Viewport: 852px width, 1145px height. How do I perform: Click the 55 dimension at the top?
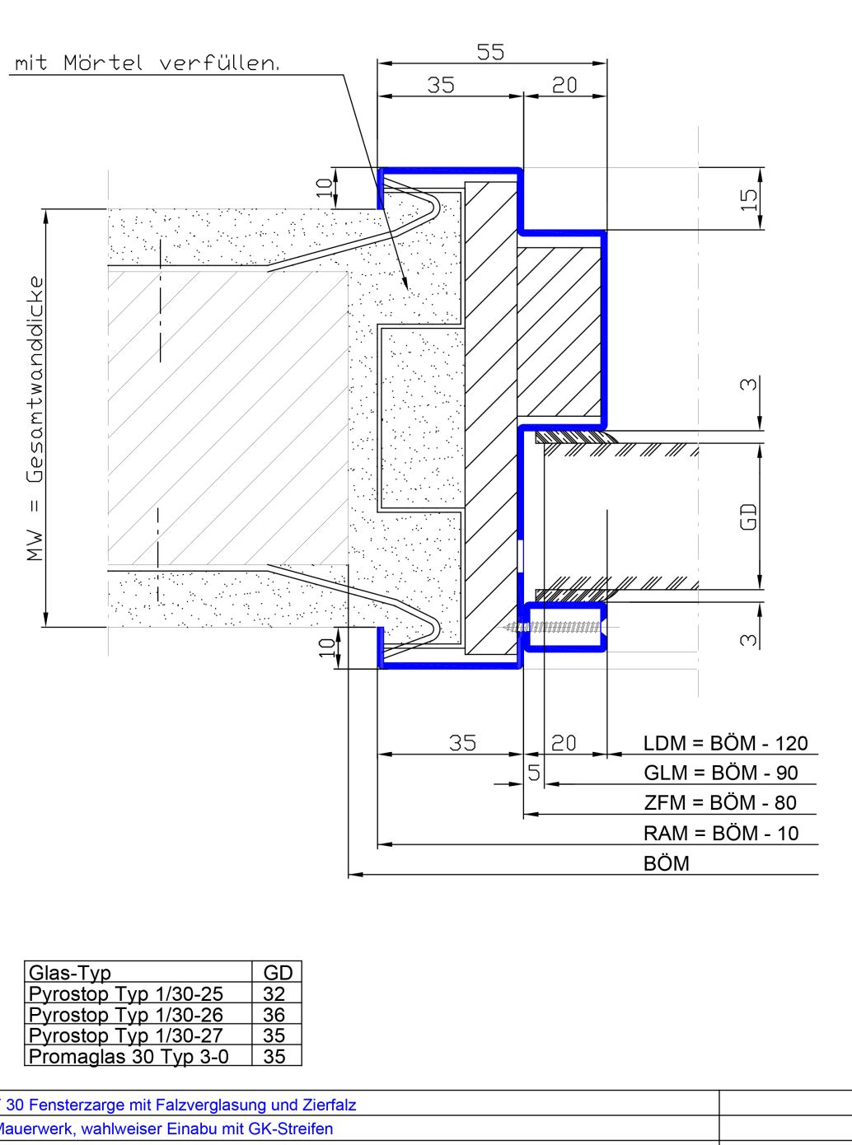click(x=490, y=52)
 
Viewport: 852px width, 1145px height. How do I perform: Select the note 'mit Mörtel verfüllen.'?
click(x=147, y=63)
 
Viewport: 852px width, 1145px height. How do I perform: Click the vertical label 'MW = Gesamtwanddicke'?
click(x=35, y=418)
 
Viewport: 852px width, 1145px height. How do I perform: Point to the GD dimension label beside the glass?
click(x=749, y=516)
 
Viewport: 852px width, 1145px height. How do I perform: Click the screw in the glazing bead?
click(x=554, y=627)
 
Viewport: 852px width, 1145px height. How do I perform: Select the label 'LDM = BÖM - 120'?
click(x=725, y=743)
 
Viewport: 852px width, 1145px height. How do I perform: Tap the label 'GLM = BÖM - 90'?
click(x=721, y=773)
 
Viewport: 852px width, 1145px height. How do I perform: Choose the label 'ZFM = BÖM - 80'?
click(x=720, y=803)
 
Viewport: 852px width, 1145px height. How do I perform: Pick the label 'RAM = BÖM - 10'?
click(x=721, y=833)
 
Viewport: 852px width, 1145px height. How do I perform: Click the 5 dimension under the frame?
click(x=534, y=773)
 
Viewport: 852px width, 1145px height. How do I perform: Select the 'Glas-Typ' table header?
click(x=70, y=973)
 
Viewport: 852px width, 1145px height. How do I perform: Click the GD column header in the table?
click(x=278, y=973)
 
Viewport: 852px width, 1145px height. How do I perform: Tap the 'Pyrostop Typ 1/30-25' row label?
click(x=126, y=993)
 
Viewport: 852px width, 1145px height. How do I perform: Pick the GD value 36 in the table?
click(x=274, y=1015)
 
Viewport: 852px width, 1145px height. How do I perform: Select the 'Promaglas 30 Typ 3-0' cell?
click(x=129, y=1056)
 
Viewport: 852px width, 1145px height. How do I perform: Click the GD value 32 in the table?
click(x=274, y=993)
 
